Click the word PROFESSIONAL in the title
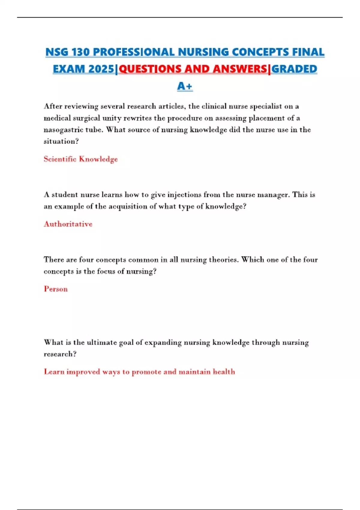[133, 52]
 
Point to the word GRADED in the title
[294, 69]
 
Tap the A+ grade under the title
[184, 86]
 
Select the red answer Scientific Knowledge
[80, 159]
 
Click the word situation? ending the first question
[61, 141]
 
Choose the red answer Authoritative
[68, 224]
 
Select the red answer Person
[56, 289]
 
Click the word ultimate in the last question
[102, 343]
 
